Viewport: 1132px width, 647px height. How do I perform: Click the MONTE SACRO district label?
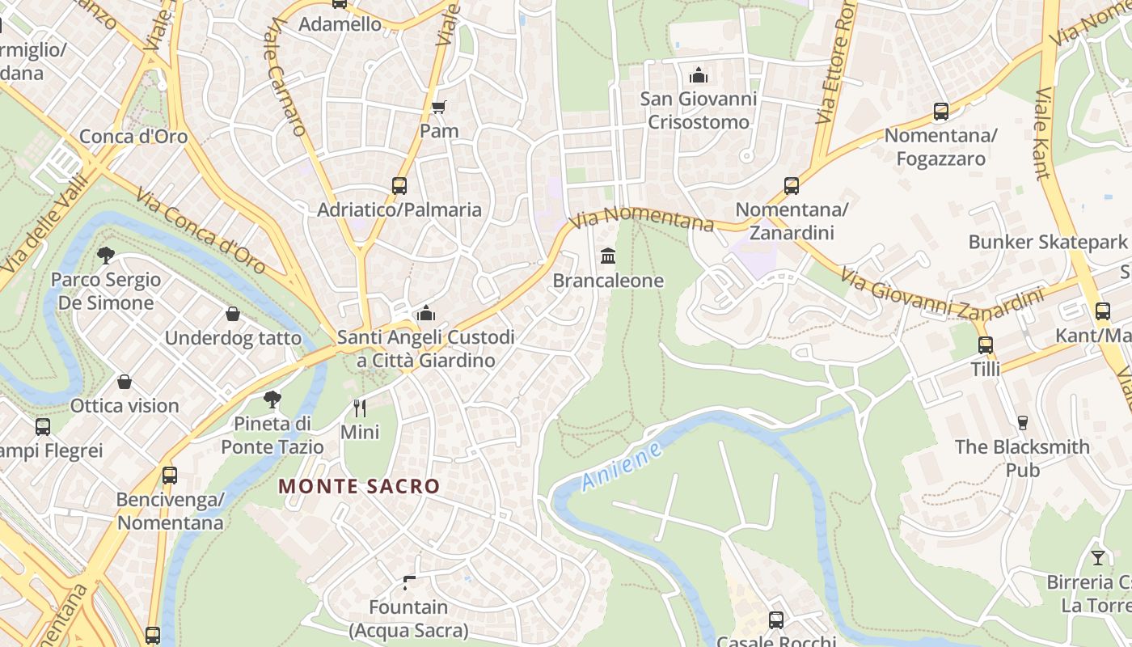pyautogui.click(x=359, y=486)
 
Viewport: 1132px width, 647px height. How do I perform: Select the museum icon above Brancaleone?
pyautogui.click(x=608, y=256)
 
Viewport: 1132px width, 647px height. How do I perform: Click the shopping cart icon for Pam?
pyautogui.click(x=439, y=107)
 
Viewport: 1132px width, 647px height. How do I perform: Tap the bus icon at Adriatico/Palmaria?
pyautogui.click(x=399, y=185)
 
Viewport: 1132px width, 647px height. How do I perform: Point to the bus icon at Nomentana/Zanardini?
pyautogui.click(x=792, y=186)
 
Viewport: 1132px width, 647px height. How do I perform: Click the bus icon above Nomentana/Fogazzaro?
pyautogui.click(x=940, y=112)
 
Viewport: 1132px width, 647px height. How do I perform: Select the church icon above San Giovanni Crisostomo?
pyautogui.click(x=699, y=76)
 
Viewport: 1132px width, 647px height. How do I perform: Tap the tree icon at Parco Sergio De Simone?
pyautogui.click(x=106, y=256)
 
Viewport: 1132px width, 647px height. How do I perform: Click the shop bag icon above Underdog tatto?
pyautogui.click(x=233, y=314)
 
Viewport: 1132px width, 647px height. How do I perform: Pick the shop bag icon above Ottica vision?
pyautogui.click(x=125, y=382)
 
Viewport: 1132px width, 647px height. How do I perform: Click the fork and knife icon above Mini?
pyautogui.click(x=360, y=407)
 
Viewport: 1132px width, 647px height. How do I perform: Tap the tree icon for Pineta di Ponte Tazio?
pyautogui.click(x=272, y=399)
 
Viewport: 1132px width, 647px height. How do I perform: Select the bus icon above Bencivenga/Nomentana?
pyautogui.click(x=170, y=476)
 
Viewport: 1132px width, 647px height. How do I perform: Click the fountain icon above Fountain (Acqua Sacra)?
pyautogui.click(x=409, y=582)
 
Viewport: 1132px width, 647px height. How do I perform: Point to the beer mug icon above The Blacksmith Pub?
pyautogui.click(x=1022, y=422)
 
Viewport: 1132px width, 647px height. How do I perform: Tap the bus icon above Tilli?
pyautogui.click(x=985, y=345)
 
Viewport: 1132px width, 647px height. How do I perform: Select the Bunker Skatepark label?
pyautogui.click(x=1047, y=242)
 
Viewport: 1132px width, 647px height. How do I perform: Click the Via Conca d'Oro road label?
pyautogui.click(x=201, y=231)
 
